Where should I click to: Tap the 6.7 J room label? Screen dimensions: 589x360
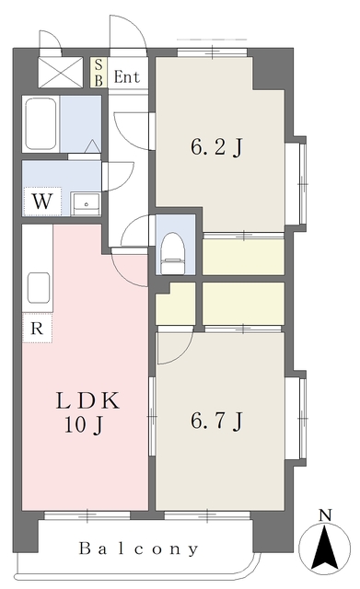click(x=216, y=421)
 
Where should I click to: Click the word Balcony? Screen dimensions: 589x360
click(x=138, y=549)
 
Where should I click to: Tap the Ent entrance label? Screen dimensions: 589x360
click(x=126, y=76)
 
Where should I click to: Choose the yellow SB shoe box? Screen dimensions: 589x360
click(x=99, y=71)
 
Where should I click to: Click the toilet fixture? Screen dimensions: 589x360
click(x=173, y=251)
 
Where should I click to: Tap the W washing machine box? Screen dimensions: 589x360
click(x=42, y=199)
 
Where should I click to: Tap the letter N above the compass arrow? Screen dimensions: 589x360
click(x=323, y=514)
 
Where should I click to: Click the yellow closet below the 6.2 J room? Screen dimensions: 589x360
click(x=243, y=257)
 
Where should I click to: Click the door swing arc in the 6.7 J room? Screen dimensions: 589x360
click(x=172, y=347)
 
